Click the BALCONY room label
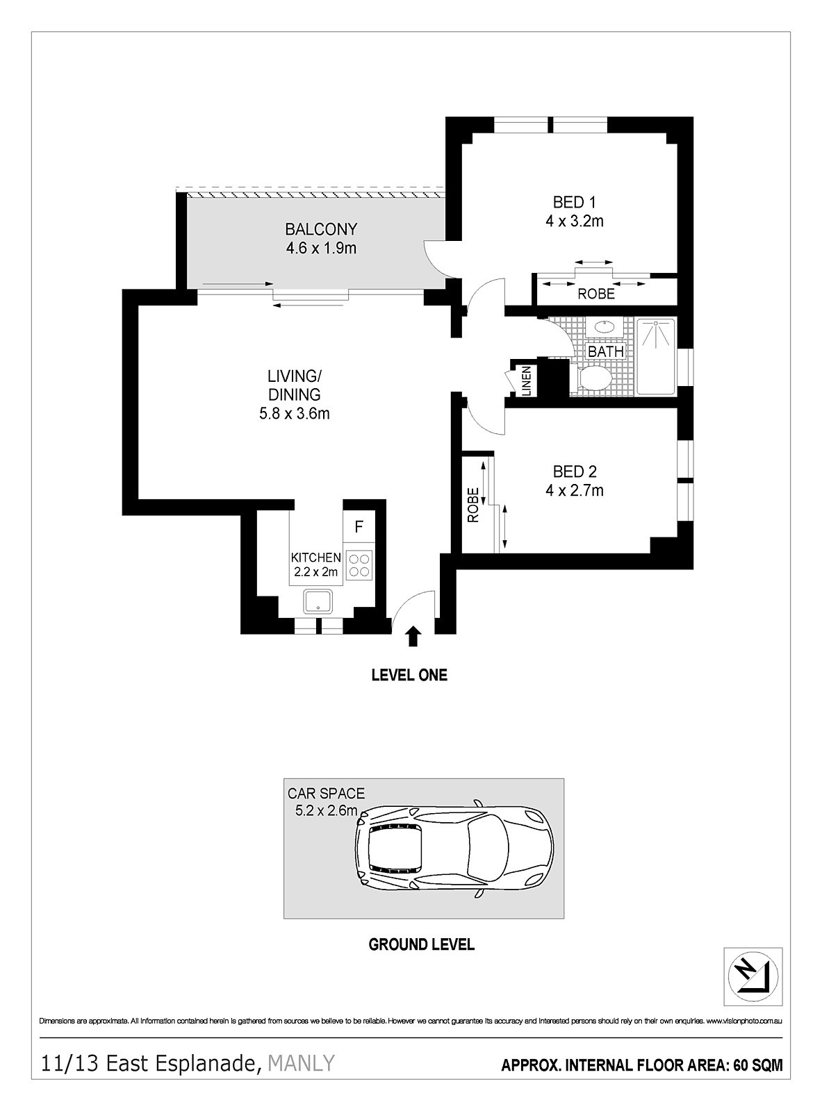coord(321,229)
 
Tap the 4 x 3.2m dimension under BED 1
coord(575,221)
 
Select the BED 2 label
coord(575,471)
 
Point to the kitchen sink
coord(318,601)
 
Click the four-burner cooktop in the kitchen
coord(359,565)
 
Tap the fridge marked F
coord(359,526)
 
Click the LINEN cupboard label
coord(526,381)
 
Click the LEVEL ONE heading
coord(409,675)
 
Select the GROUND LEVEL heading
coord(422,945)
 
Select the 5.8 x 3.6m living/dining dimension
coord(294,414)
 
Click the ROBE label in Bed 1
coord(596,294)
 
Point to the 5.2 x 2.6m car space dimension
coord(327,810)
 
